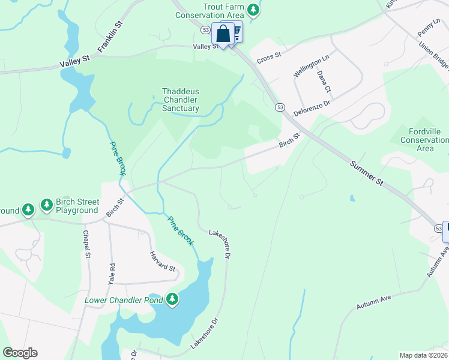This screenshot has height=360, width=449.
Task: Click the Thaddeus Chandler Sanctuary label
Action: pyautogui.click(x=181, y=100)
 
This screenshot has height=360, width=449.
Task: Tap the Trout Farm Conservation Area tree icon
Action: pyautogui.click(x=254, y=9)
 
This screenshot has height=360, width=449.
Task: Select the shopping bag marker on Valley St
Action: pyautogui.click(x=223, y=34)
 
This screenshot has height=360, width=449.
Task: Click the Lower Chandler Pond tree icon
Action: pyautogui.click(x=172, y=299)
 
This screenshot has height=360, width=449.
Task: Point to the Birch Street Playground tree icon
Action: pyautogui.click(x=47, y=205)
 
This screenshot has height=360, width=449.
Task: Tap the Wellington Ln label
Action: pyautogui.click(x=312, y=66)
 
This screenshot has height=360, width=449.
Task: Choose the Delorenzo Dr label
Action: pyautogui.click(x=312, y=108)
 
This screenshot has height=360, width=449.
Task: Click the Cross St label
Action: pyautogui.click(x=269, y=57)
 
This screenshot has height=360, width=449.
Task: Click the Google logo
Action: pyautogui.click(x=20, y=353)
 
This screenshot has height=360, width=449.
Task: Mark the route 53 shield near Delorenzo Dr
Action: pyautogui.click(x=280, y=107)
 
